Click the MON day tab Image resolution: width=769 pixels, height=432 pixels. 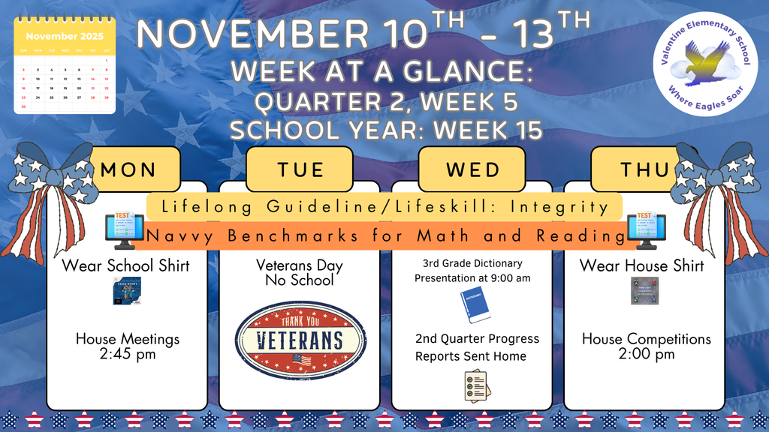pos(128,169)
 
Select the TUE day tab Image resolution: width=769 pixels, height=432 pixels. pos(300,169)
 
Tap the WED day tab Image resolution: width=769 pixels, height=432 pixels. pos(472,169)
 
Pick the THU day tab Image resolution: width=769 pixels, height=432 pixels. pos(644,169)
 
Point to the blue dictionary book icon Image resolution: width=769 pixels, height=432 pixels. pos(474,306)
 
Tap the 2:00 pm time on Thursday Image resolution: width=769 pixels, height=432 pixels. pos(647,354)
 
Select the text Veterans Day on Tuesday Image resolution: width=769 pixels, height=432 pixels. pos(299,265)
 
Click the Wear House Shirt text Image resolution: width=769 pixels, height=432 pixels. pos(641,265)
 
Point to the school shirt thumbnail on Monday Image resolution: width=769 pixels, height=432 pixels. pos(126,291)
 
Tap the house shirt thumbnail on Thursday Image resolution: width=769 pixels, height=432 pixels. pos(644,291)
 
